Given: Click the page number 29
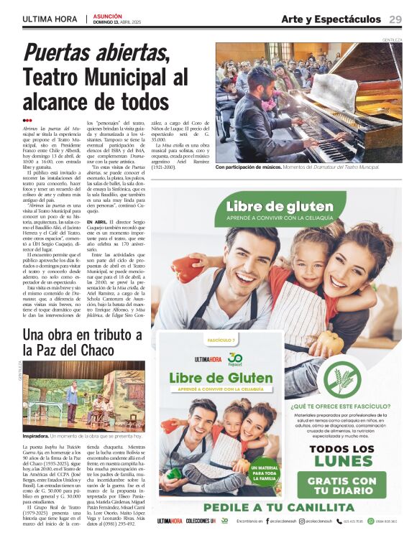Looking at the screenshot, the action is (x=395, y=19).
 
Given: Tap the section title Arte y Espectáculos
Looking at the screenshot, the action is (x=331, y=19).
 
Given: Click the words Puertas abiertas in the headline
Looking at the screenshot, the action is (x=96, y=52).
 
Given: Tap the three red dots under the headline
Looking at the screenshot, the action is (x=27, y=120).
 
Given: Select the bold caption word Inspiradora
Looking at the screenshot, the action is (x=35, y=436).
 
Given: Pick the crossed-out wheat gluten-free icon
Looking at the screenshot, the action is (x=342, y=381).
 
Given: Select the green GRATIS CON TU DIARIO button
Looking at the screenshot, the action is (x=342, y=486).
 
